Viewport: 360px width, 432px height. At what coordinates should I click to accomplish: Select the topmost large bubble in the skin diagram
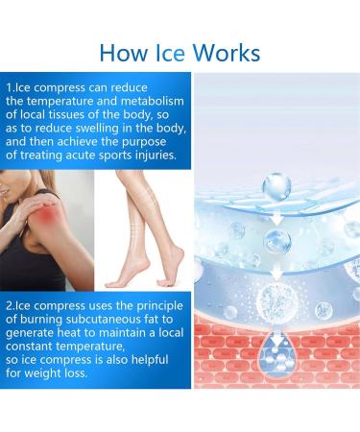[276, 184]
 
